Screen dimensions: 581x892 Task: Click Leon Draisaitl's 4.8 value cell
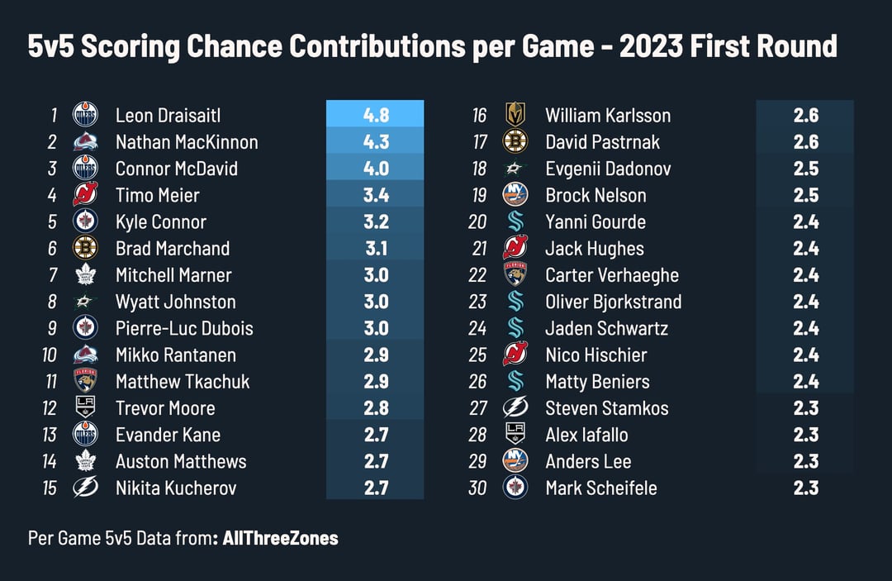375,115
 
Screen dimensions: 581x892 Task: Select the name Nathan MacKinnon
187,142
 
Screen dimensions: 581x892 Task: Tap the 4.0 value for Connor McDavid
375,169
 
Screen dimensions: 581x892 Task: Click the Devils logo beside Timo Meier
85,195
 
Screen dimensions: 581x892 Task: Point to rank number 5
51,221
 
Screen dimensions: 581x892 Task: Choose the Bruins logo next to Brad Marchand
85,248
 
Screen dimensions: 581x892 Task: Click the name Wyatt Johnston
175,302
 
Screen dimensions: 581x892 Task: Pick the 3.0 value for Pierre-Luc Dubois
375,328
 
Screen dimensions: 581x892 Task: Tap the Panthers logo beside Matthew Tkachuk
85,381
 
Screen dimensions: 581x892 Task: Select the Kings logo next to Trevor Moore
85,407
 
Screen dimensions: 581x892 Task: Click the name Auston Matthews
181,461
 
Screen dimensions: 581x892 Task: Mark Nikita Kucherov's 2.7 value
375,488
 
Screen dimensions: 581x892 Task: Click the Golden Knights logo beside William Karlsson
515,115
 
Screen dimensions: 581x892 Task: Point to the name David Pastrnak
602,142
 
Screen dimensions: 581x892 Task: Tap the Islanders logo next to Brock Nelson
515,195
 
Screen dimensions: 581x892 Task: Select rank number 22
477,275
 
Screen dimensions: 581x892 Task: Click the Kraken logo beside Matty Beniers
515,381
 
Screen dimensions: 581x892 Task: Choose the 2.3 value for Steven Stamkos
805,407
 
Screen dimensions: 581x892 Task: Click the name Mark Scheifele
601,488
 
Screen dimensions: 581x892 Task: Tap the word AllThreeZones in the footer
280,538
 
